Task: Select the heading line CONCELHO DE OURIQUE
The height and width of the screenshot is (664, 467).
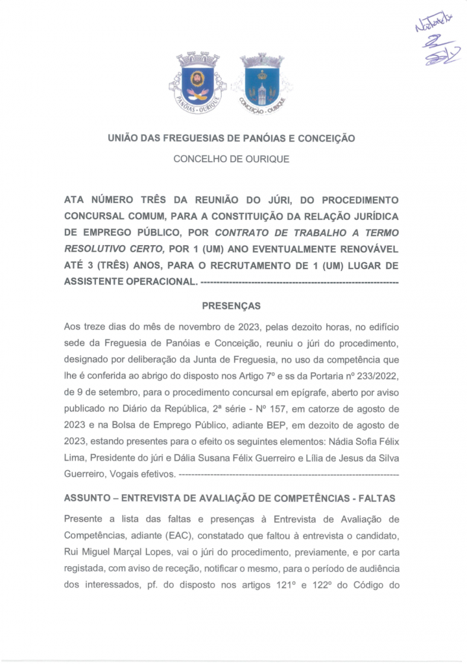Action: (232, 159)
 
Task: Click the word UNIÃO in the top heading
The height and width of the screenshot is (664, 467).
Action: (122, 138)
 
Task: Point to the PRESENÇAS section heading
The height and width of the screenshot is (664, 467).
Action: (232, 305)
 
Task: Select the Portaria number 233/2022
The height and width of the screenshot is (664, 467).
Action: (376, 375)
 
